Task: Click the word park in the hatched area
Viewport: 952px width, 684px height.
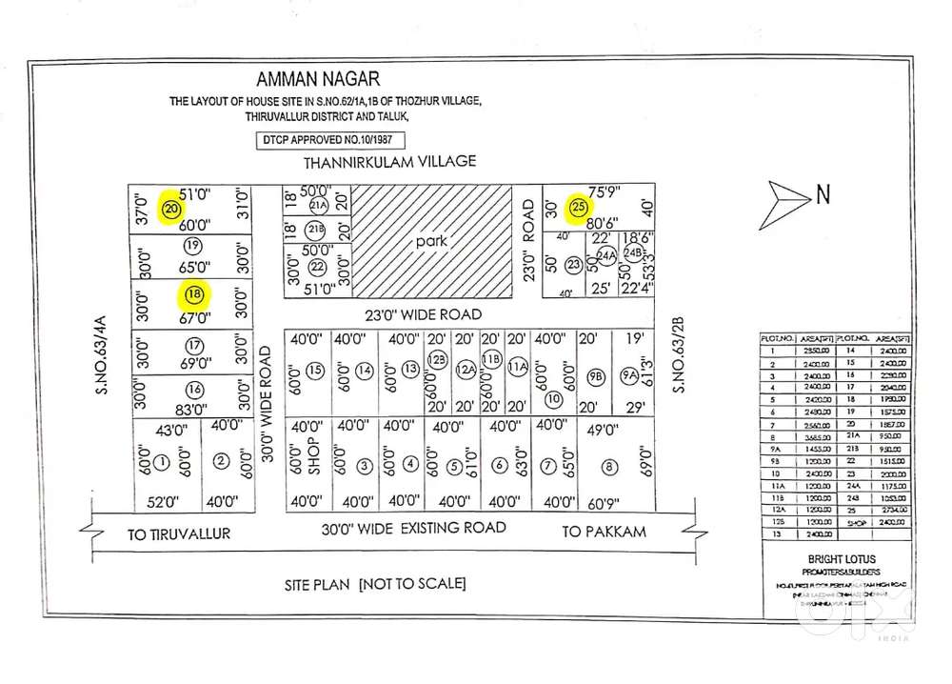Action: coord(430,241)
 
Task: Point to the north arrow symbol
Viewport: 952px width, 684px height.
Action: coord(791,198)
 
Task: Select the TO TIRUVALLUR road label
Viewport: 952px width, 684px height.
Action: coord(179,533)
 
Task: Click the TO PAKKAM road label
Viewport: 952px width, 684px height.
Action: coord(604,532)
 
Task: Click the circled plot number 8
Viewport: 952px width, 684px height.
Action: coord(608,467)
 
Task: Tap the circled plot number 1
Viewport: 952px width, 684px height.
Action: coord(162,464)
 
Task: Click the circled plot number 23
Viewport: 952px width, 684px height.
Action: coord(574,265)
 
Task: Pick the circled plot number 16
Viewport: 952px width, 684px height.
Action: coord(195,389)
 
